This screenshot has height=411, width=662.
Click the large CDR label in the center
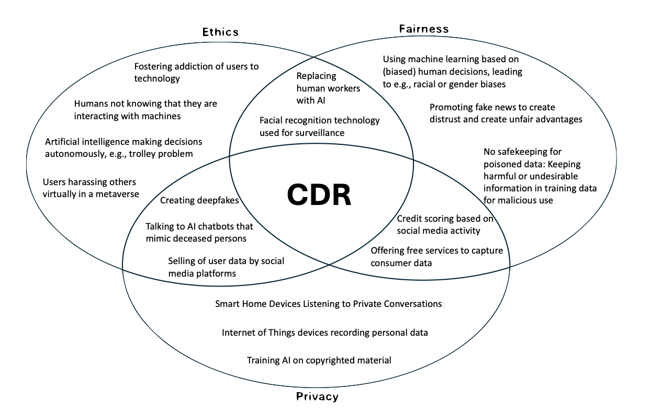(x=319, y=196)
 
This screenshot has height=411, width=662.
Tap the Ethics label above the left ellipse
(x=221, y=32)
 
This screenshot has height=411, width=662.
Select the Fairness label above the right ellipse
(x=424, y=29)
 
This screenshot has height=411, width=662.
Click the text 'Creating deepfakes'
(x=199, y=200)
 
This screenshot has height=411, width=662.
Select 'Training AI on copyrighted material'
(x=319, y=360)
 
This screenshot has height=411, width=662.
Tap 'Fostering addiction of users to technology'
(x=196, y=72)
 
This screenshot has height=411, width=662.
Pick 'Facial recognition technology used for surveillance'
(x=319, y=127)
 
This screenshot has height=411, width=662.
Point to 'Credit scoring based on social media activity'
(x=445, y=224)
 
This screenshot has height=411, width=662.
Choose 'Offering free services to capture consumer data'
(x=436, y=256)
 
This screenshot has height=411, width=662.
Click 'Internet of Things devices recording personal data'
(x=324, y=332)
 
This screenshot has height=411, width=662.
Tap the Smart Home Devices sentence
(x=329, y=303)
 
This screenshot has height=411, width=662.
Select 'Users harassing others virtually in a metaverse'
(x=91, y=188)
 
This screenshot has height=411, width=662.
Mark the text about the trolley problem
(x=123, y=147)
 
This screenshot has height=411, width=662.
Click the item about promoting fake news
(x=506, y=113)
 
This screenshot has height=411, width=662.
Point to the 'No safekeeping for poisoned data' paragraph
(x=540, y=176)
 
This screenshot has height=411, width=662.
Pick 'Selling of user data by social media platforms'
(x=226, y=267)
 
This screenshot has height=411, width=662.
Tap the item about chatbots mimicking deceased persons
(x=199, y=232)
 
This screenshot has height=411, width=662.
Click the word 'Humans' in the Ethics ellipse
(x=91, y=104)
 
